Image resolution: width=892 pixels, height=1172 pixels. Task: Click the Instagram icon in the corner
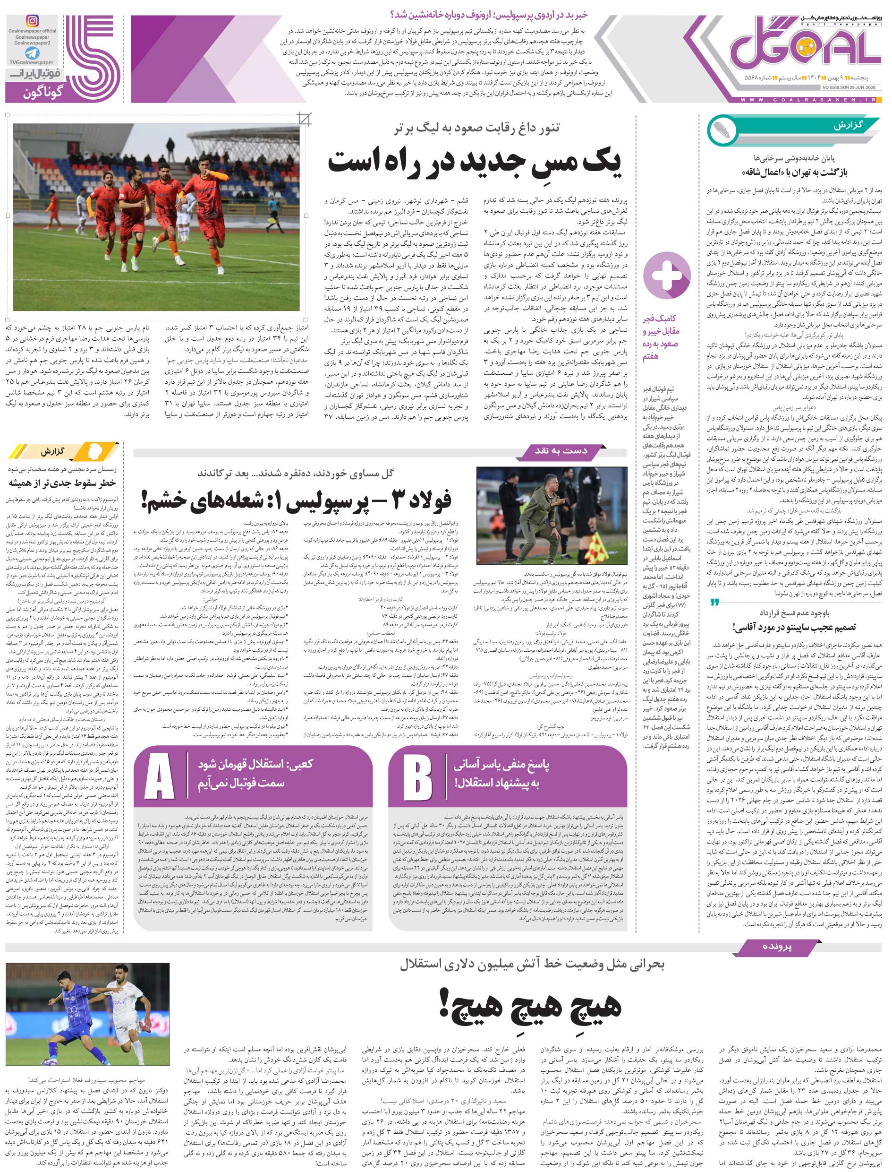coord(33,21)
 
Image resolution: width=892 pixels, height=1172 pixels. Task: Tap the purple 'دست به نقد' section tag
coord(561,451)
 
